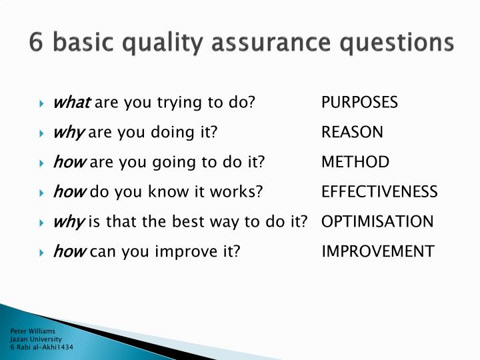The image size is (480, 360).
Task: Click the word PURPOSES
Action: coord(359,103)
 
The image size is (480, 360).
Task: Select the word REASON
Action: coord(352,132)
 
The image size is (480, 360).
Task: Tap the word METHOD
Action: coord(355,162)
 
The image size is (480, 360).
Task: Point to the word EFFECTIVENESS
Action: coord(379,192)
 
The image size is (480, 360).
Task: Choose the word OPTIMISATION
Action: coord(377,221)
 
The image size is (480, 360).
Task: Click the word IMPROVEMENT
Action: coord(378,251)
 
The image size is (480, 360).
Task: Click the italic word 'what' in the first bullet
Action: coord(71,103)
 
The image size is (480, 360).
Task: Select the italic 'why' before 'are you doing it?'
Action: coord(68,133)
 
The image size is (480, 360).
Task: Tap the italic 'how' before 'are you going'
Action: coord(69,162)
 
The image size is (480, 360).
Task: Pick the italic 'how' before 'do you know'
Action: coord(69,192)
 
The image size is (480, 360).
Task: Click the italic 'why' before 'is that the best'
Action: coord(68,222)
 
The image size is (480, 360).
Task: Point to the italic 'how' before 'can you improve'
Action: coord(69,251)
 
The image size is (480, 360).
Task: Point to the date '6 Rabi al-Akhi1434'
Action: coord(41,348)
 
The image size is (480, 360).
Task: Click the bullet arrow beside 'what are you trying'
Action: coord(41,103)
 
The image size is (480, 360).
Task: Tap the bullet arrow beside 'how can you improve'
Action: coord(41,252)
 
